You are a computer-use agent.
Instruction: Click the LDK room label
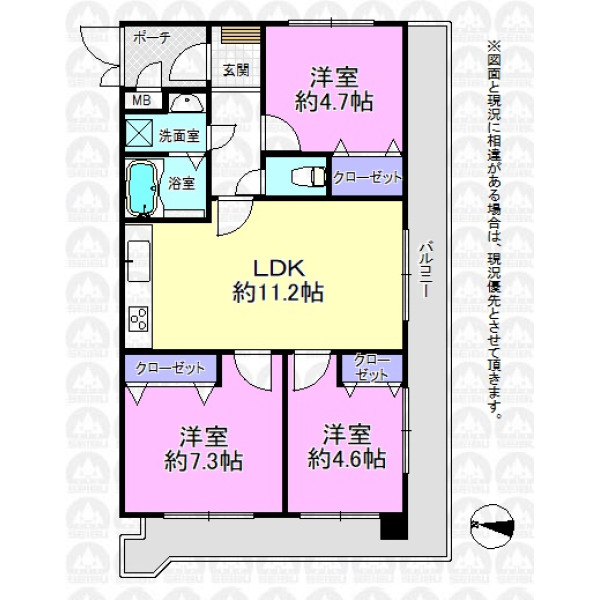pyautogui.click(x=279, y=268)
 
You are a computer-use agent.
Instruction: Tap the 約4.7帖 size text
pyautogui.click(x=334, y=102)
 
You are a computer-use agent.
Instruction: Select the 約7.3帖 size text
pyautogui.click(x=204, y=461)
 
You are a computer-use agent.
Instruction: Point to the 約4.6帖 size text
pyautogui.click(x=347, y=458)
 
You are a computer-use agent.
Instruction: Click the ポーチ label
pyautogui.click(x=152, y=38)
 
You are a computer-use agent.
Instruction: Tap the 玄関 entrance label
pyautogui.click(x=236, y=70)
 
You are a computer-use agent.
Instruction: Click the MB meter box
pyautogui.click(x=142, y=101)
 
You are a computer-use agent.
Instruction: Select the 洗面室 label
pyautogui.click(x=179, y=136)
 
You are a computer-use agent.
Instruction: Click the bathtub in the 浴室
pyautogui.click(x=142, y=188)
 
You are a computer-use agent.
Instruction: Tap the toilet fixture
pyautogui.click(x=308, y=176)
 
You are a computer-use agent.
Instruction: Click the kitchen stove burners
pyautogui.click(x=139, y=319)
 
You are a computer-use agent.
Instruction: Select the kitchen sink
pyautogui.click(x=139, y=261)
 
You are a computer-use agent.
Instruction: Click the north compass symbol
pyautogui.click(x=492, y=525)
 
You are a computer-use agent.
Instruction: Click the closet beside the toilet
pyautogui.click(x=367, y=176)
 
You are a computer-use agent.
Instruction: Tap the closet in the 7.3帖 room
pyautogui.click(x=171, y=368)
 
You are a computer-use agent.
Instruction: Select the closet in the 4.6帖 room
pyautogui.click(x=372, y=368)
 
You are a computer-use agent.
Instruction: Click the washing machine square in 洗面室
pyautogui.click(x=139, y=133)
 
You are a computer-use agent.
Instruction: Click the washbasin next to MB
pyautogui.click(x=186, y=103)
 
